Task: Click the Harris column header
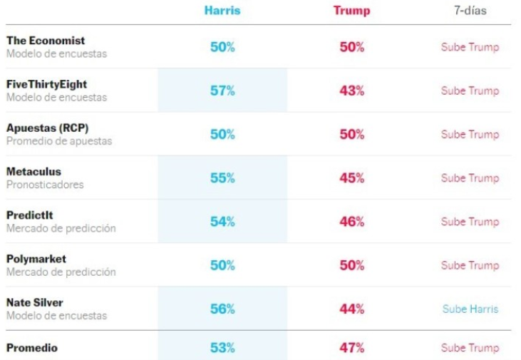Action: (x=222, y=11)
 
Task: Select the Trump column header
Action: (x=351, y=11)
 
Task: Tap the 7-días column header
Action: (x=470, y=11)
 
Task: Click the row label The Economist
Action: (x=46, y=41)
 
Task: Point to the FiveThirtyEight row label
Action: (x=47, y=84)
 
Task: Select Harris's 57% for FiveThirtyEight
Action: (x=222, y=91)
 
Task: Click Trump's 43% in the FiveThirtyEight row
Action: (x=352, y=91)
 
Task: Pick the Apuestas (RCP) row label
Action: (x=48, y=128)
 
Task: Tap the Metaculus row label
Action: (x=34, y=172)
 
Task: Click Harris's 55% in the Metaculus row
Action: (x=222, y=178)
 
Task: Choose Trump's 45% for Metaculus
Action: (x=352, y=178)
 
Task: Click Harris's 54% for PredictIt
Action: (x=222, y=222)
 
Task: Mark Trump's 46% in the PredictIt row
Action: (x=352, y=222)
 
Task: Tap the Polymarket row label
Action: (x=36, y=259)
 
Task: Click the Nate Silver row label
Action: (x=35, y=303)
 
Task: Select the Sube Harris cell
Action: (x=470, y=309)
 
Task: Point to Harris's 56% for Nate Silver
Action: (x=222, y=309)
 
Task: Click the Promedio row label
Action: (x=32, y=348)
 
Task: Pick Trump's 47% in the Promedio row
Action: (x=352, y=348)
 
